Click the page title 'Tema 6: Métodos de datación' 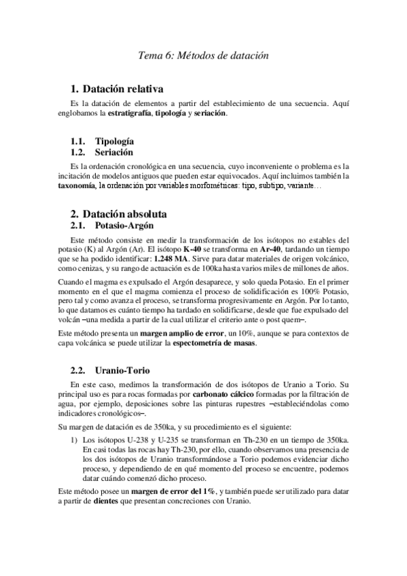(203, 55)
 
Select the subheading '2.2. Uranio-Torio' (111, 370)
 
